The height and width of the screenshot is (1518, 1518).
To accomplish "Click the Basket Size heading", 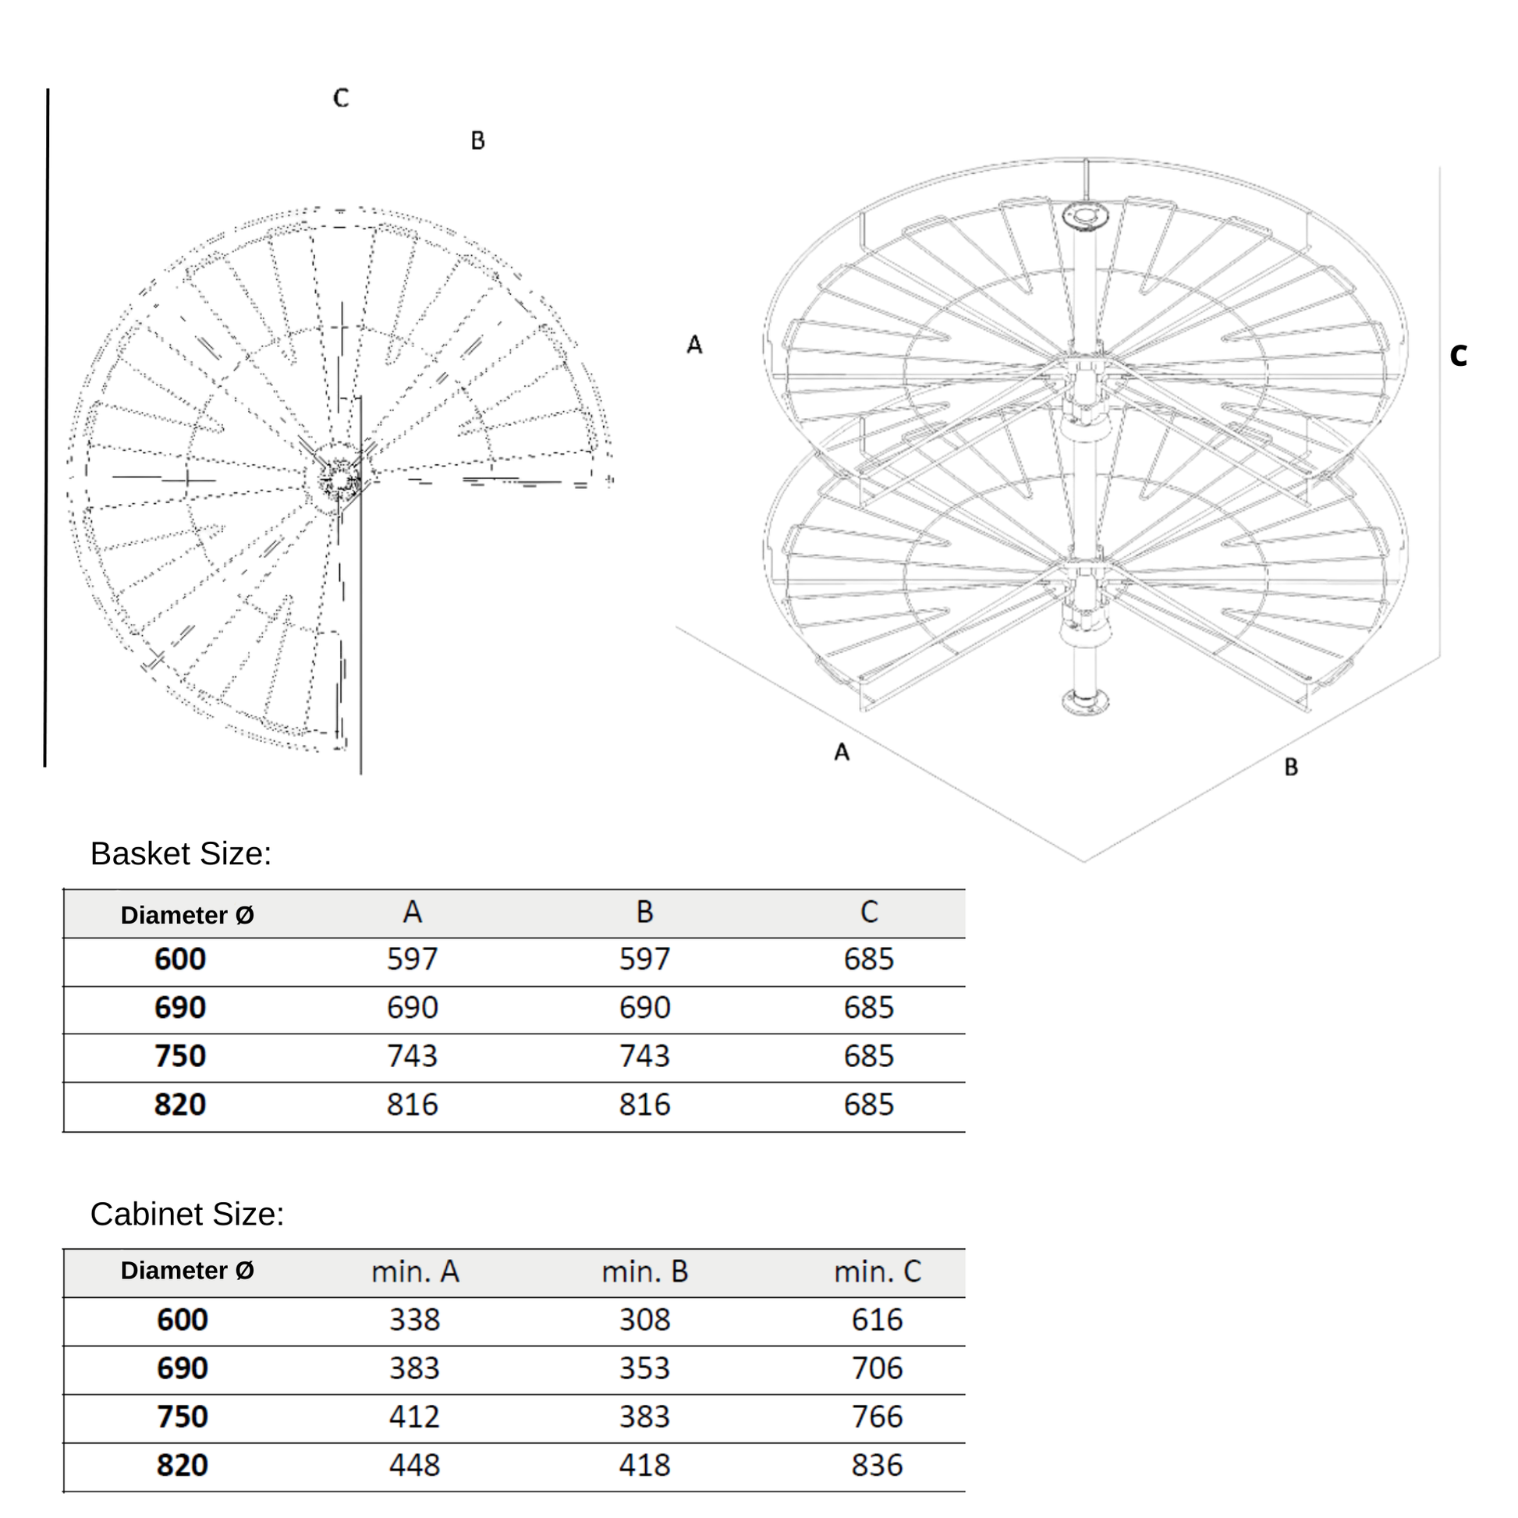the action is point(181,854).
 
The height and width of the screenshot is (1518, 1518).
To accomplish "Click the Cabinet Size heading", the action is point(187,1214).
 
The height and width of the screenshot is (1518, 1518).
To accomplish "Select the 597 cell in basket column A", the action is point(413,959).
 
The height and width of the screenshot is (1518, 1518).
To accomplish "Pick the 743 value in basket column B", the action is point(644,1056).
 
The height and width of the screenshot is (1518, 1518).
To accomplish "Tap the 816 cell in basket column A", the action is point(413,1105).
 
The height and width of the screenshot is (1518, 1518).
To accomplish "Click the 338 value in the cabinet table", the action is point(415,1320).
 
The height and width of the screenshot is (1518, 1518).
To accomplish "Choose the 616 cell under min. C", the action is point(877,1320).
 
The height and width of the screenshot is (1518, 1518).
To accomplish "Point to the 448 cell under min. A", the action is point(415,1466).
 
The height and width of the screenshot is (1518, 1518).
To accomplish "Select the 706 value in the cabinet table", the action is point(877,1369).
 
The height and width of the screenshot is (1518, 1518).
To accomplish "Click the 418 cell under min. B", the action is point(644,1466).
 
